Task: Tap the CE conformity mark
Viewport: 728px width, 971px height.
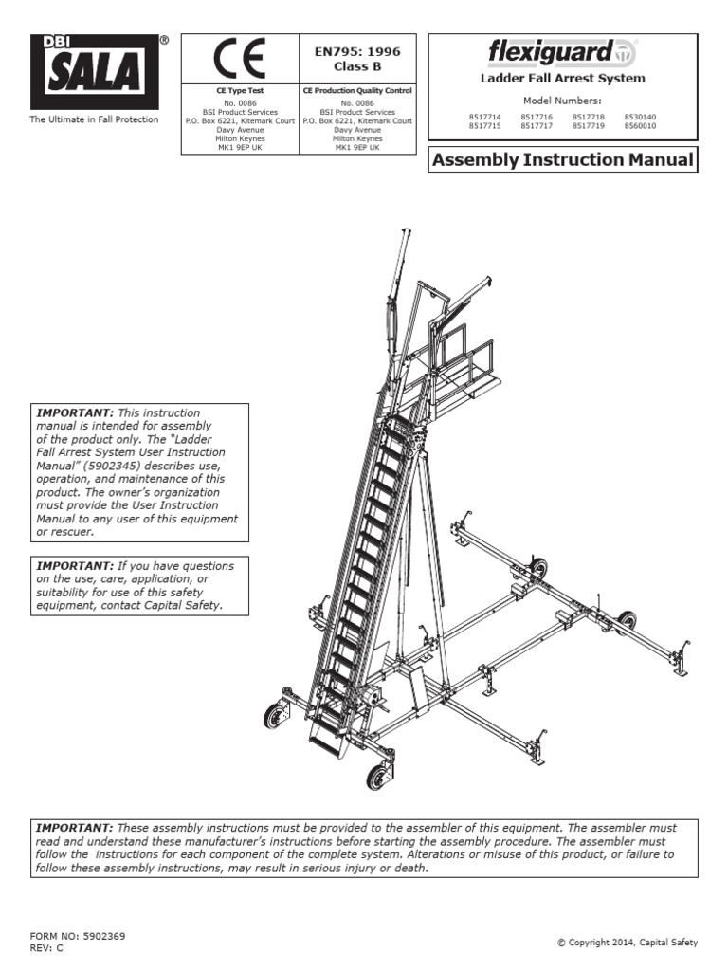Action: (239, 59)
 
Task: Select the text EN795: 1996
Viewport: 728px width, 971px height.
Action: (357, 53)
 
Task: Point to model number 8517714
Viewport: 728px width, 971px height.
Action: (484, 117)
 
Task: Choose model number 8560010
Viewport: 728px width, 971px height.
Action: (640, 126)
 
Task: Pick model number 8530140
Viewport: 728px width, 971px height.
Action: (640, 117)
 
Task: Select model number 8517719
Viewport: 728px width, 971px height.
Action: (588, 126)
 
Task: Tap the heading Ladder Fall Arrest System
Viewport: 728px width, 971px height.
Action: (563, 79)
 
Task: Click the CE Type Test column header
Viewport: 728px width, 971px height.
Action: (239, 92)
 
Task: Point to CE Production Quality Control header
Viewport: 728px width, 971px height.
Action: (357, 92)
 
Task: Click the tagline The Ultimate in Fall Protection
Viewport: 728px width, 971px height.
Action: (94, 120)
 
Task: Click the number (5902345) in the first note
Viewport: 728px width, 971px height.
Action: (119, 467)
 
